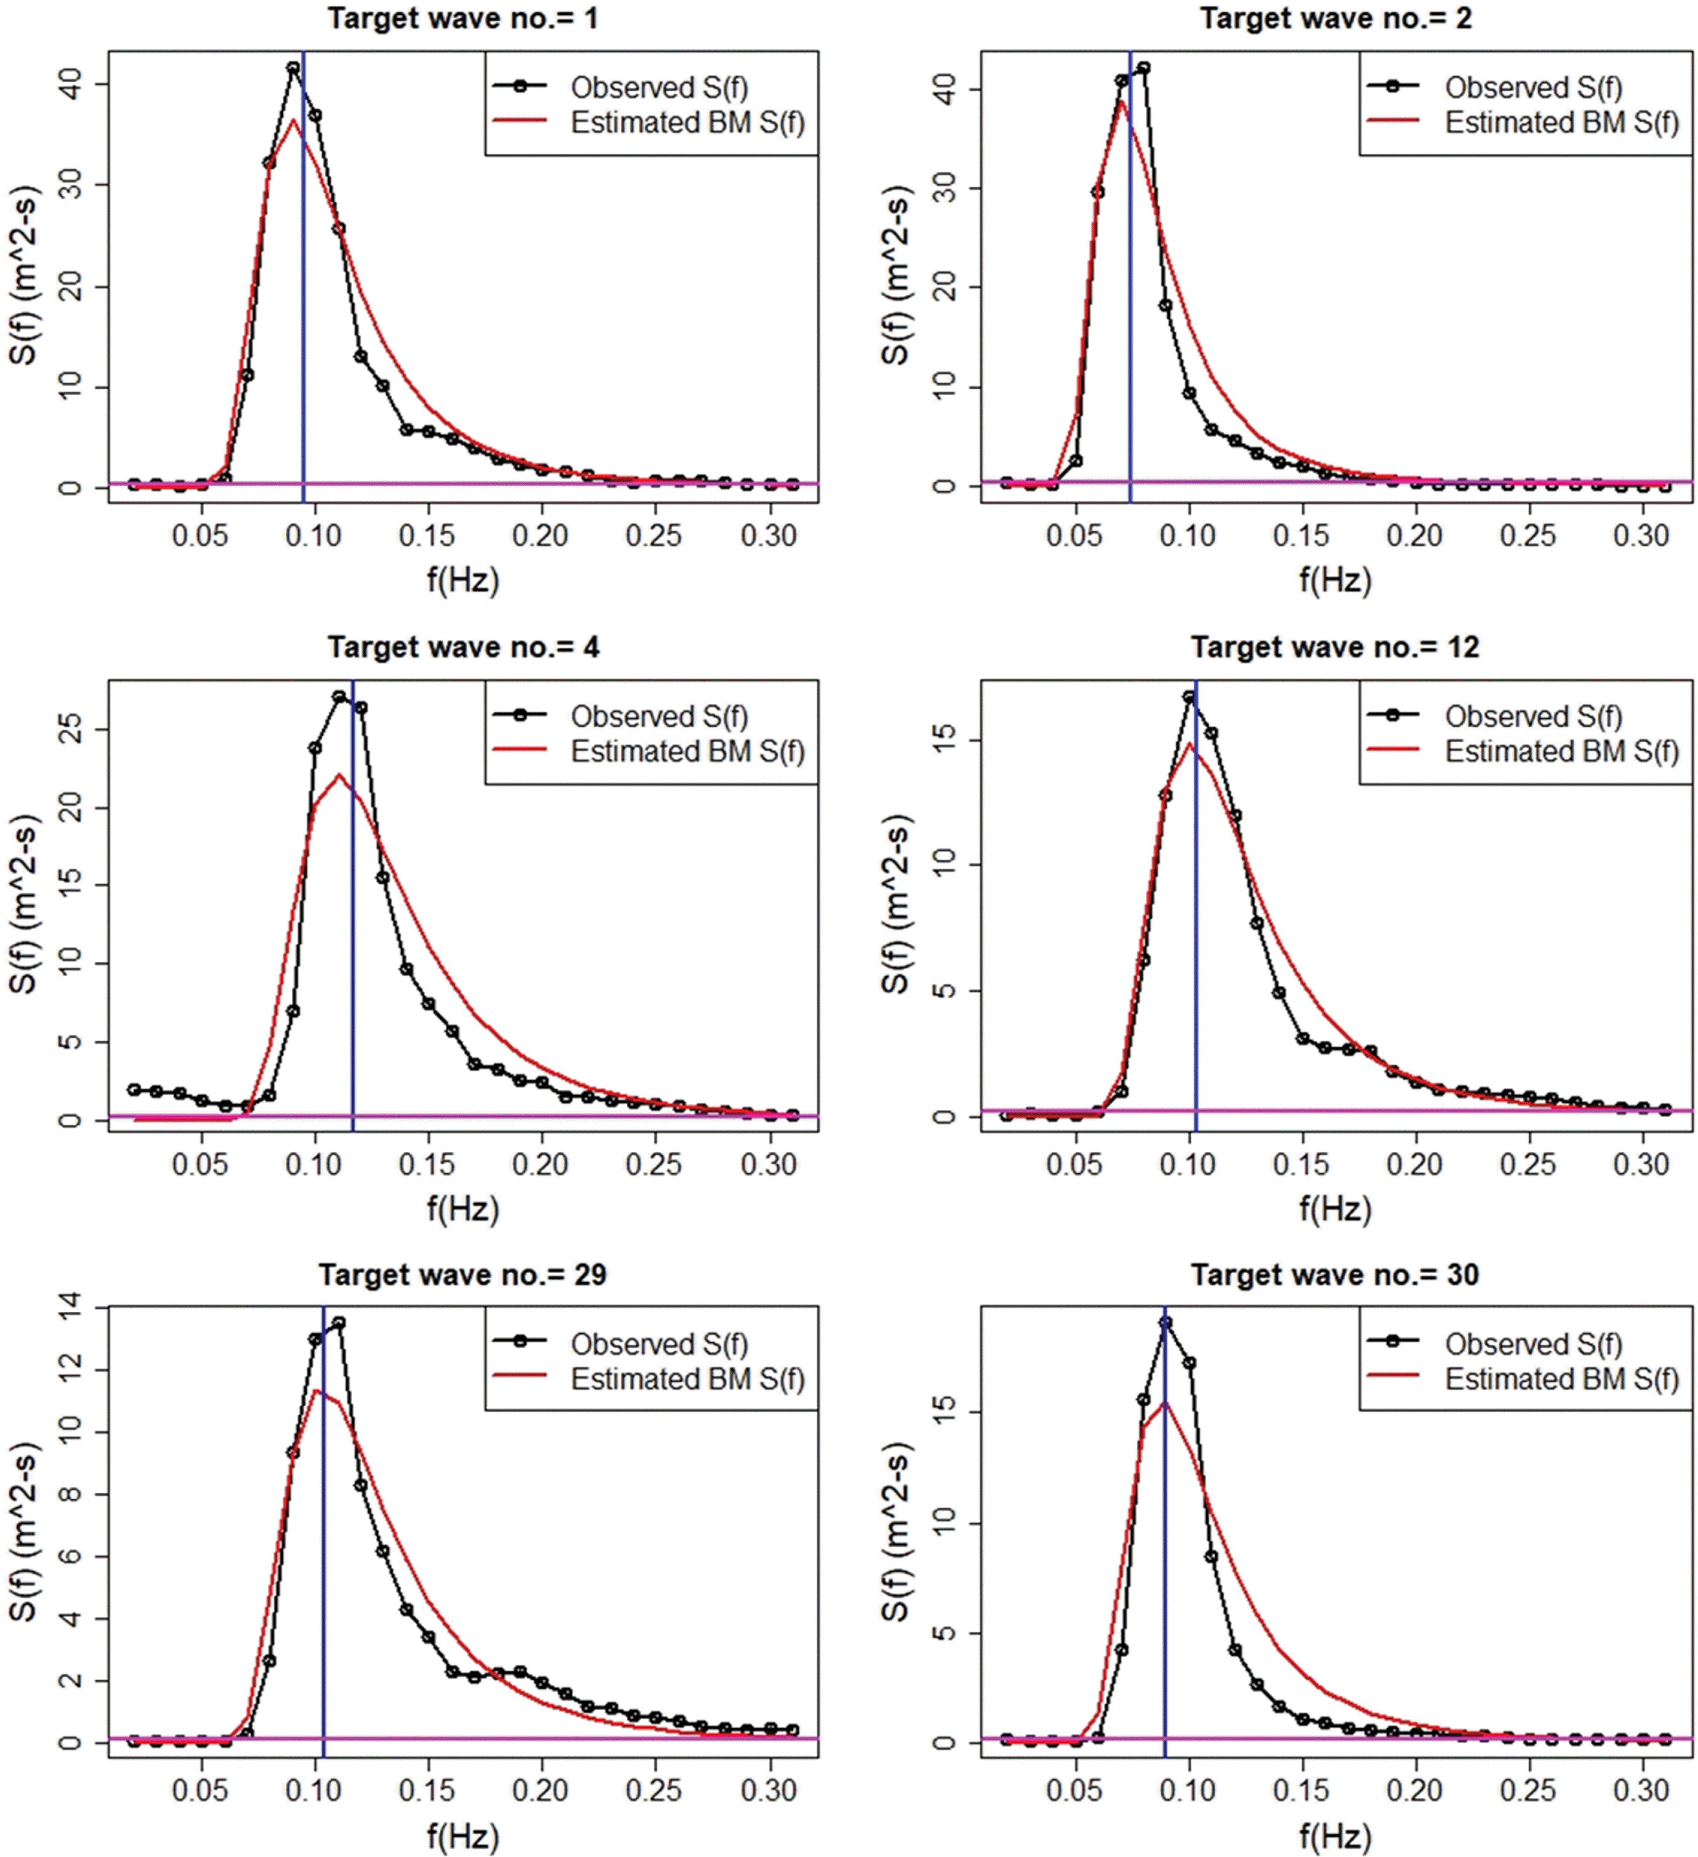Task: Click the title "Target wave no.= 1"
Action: [463, 18]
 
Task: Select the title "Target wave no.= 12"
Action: [1335, 648]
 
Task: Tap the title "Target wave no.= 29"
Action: [463, 1275]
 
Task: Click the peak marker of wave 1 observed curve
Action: [293, 68]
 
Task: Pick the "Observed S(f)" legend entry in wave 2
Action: [1533, 88]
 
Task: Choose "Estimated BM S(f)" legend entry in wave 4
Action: [687, 752]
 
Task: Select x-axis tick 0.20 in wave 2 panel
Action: [1415, 536]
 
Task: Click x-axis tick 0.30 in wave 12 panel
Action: [1642, 1165]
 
